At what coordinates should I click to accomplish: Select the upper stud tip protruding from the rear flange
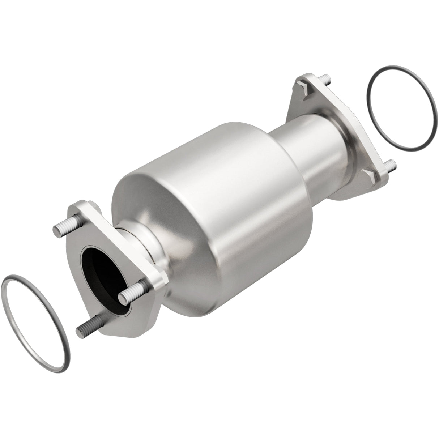pos(324,79)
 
